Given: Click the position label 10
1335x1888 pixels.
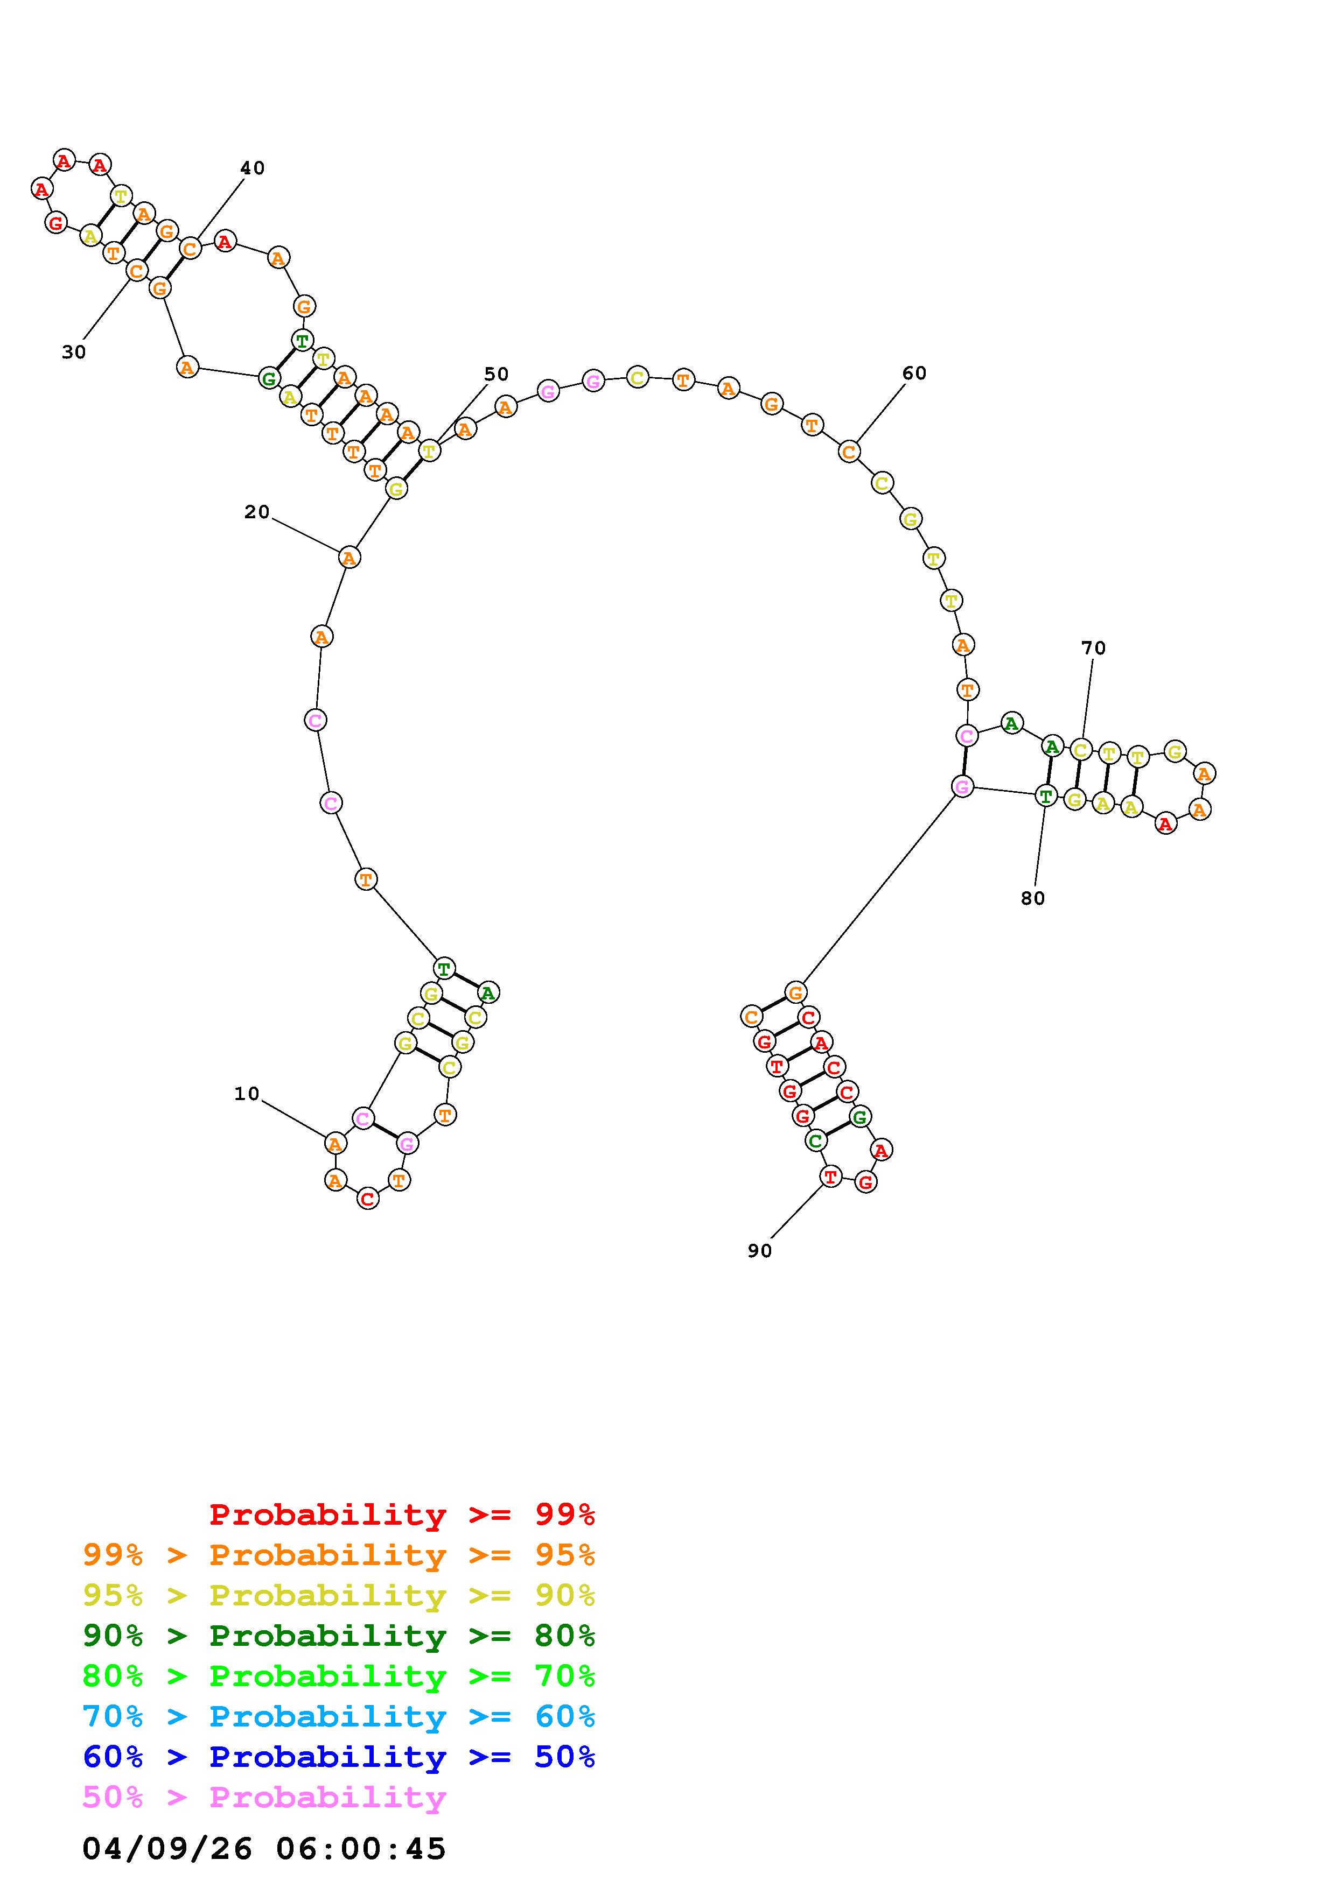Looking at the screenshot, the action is (247, 1094).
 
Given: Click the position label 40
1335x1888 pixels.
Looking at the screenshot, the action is (253, 168).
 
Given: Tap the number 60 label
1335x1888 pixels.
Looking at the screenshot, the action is (914, 374).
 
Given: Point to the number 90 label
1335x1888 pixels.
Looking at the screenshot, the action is (760, 1251).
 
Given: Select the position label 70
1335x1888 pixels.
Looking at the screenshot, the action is (1094, 648).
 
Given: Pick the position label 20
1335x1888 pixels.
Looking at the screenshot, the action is (257, 512).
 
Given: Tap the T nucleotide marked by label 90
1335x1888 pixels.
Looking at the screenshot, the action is (831, 1177).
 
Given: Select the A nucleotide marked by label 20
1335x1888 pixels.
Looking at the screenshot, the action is (350, 558).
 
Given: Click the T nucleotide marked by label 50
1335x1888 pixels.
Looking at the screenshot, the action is (429, 450).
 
